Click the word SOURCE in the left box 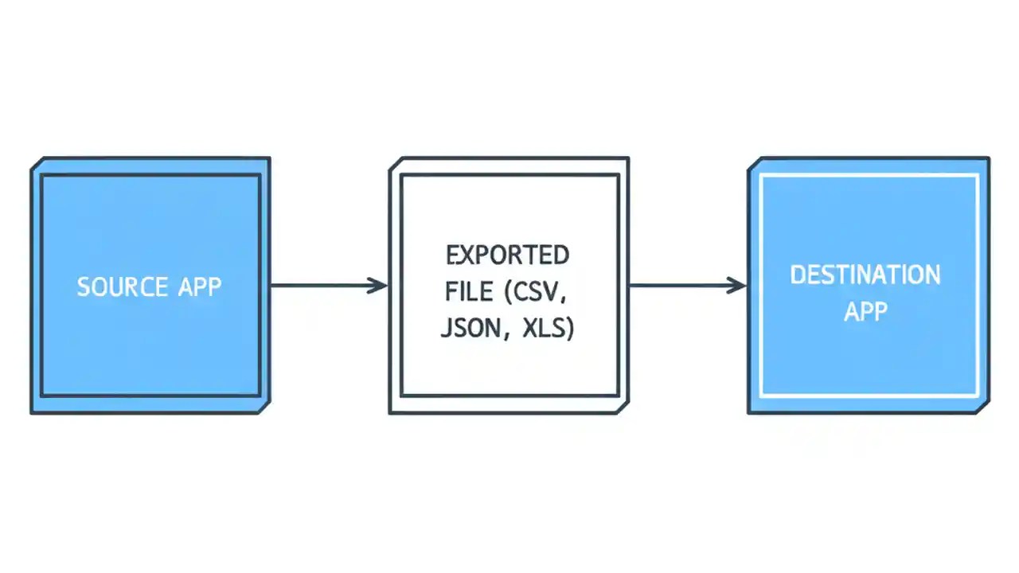[122, 286]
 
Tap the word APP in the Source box [196, 286]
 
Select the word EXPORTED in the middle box [508, 255]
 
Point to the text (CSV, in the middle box [536, 292]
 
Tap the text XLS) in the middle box [548, 329]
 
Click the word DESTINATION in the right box [865, 275]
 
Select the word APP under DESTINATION [865, 311]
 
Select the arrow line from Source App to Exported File [322, 285]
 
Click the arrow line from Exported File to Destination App [681, 285]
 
